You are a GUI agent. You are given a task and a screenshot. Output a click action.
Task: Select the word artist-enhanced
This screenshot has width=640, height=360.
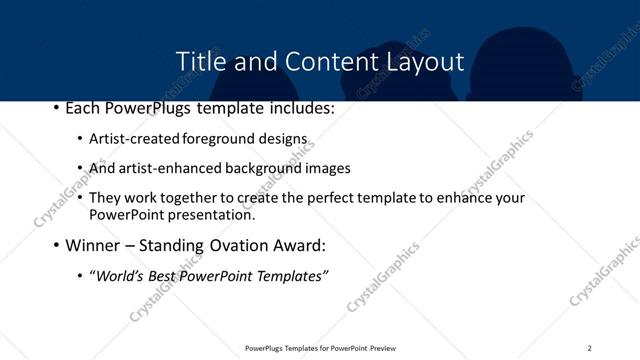tap(164, 168)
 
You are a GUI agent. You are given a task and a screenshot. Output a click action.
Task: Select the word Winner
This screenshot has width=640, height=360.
tap(96, 245)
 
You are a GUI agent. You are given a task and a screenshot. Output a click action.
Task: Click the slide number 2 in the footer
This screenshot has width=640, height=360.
tap(589, 348)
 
